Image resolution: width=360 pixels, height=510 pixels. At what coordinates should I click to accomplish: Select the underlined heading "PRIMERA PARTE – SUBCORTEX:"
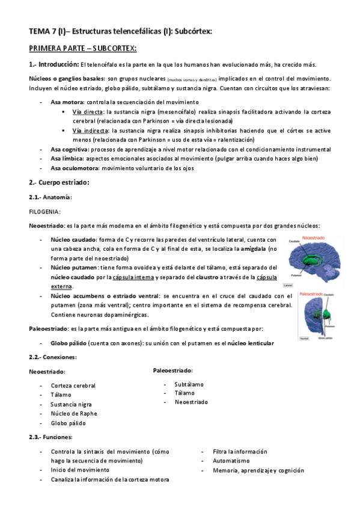[x=83, y=48]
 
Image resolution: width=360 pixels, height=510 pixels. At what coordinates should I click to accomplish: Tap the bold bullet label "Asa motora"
[x=67, y=102]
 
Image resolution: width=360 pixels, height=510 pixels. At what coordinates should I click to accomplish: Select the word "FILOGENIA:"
[x=44, y=212]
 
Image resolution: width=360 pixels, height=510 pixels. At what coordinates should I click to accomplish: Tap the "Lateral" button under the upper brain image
[x=305, y=286]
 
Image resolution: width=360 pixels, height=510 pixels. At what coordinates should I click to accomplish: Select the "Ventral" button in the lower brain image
[x=305, y=339]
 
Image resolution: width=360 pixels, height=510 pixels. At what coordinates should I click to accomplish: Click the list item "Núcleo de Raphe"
[x=74, y=413]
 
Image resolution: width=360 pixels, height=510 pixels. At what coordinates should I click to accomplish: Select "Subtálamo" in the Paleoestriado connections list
[x=189, y=384]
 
